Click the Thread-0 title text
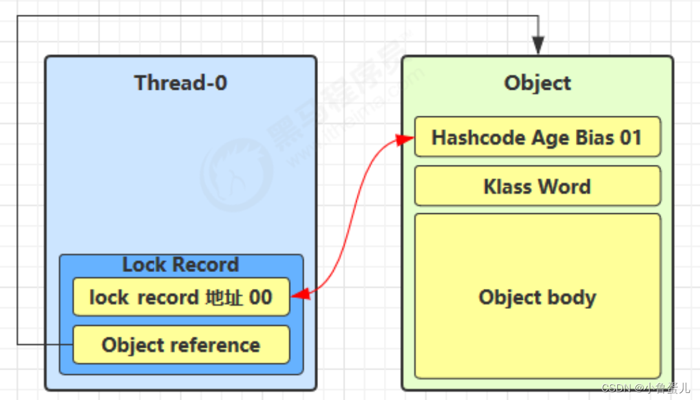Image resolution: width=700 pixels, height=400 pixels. click(x=180, y=83)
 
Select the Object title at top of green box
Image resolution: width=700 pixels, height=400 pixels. click(x=537, y=83)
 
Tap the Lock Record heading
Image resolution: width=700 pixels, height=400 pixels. click(x=180, y=265)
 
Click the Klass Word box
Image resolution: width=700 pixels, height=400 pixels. click(x=537, y=187)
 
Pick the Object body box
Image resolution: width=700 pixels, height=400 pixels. click(x=537, y=297)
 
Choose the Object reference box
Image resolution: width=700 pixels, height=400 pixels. click(x=180, y=345)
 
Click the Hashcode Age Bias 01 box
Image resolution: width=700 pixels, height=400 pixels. click(x=537, y=137)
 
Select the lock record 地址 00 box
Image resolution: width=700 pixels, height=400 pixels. click(x=180, y=297)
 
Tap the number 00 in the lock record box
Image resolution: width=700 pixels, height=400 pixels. click(x=260, y=297)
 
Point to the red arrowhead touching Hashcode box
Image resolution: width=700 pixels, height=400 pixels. click(x=407, y=139)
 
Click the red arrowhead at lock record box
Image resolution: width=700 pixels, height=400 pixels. click(x=299, y=295)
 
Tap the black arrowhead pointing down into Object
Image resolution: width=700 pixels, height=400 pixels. click(x=538, y=47)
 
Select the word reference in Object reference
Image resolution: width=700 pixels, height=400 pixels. click(x=218, y=345)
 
